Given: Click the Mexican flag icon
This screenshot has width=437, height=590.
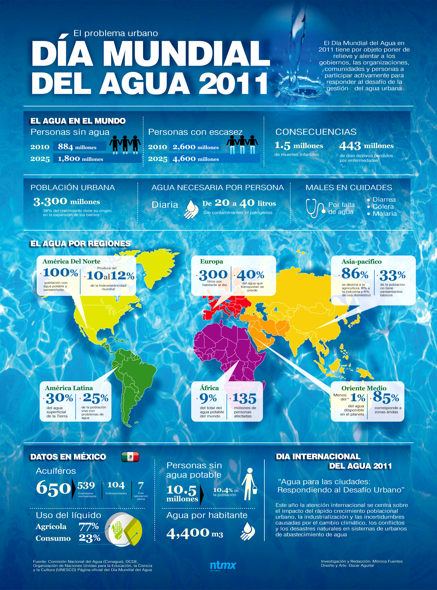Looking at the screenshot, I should (130, 457).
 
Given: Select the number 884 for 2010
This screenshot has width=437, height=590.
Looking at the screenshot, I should (66, 146).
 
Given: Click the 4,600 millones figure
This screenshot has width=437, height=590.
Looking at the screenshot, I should (184, 159).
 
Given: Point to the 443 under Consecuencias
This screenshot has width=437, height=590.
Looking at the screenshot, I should (350, 146).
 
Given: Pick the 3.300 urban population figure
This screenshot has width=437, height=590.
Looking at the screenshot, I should (50, 201).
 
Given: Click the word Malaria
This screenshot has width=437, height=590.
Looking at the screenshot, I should (385, 214).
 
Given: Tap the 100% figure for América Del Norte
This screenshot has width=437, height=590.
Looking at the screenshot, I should (60, 273).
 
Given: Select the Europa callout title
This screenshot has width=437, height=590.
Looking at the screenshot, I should (212, 261).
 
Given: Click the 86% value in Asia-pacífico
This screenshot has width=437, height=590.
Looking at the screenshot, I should (355, 273).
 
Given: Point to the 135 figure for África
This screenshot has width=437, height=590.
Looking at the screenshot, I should (244, 398).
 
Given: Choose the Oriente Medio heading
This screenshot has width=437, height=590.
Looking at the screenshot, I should (363, 388).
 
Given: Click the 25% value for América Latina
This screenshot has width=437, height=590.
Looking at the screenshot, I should (95, 398).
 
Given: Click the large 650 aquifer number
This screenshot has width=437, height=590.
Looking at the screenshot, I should (53, 488).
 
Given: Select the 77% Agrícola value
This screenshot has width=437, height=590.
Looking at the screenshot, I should (89, 526).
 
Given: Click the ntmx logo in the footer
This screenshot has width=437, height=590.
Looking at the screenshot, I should (223, 565).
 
